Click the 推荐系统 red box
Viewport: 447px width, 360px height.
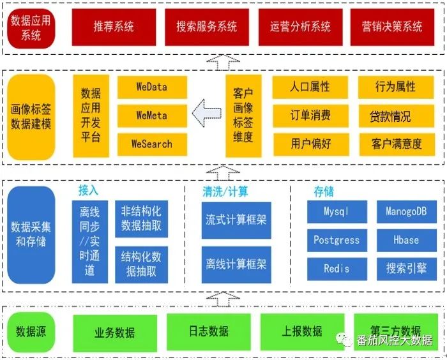[x=114, y=27]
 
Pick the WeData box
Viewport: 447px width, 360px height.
[x=152, y=87]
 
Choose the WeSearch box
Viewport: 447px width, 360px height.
[x=152, y=144]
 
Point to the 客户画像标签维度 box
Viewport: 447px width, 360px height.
[x=243, y=116]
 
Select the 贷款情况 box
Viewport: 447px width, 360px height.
[x=390, y=117]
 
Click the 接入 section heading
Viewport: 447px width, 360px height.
[x=88, y=190]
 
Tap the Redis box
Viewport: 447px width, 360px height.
[x=337, y=269]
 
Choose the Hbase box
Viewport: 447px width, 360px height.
[x=406, y=241]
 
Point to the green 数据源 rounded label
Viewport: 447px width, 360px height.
[x=31, y=331]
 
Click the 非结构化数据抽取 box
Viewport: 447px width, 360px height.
[x=141, y=218]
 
